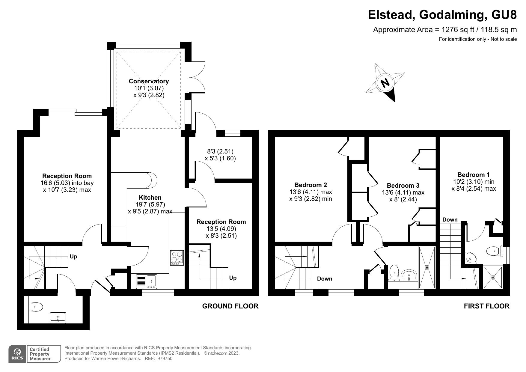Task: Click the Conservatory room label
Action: pos(149,81)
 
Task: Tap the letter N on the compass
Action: pos(385,82)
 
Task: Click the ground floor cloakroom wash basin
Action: pos(58,317)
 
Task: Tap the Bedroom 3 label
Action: pos(403,186)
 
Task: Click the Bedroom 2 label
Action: pos(311,185)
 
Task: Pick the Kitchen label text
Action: pos(150,198)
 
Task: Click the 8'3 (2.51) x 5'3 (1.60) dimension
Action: pos(220,155)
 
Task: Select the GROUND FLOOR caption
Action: pos(230,306)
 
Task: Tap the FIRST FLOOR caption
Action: pos(486,306)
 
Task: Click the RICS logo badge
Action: pos(17,354)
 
